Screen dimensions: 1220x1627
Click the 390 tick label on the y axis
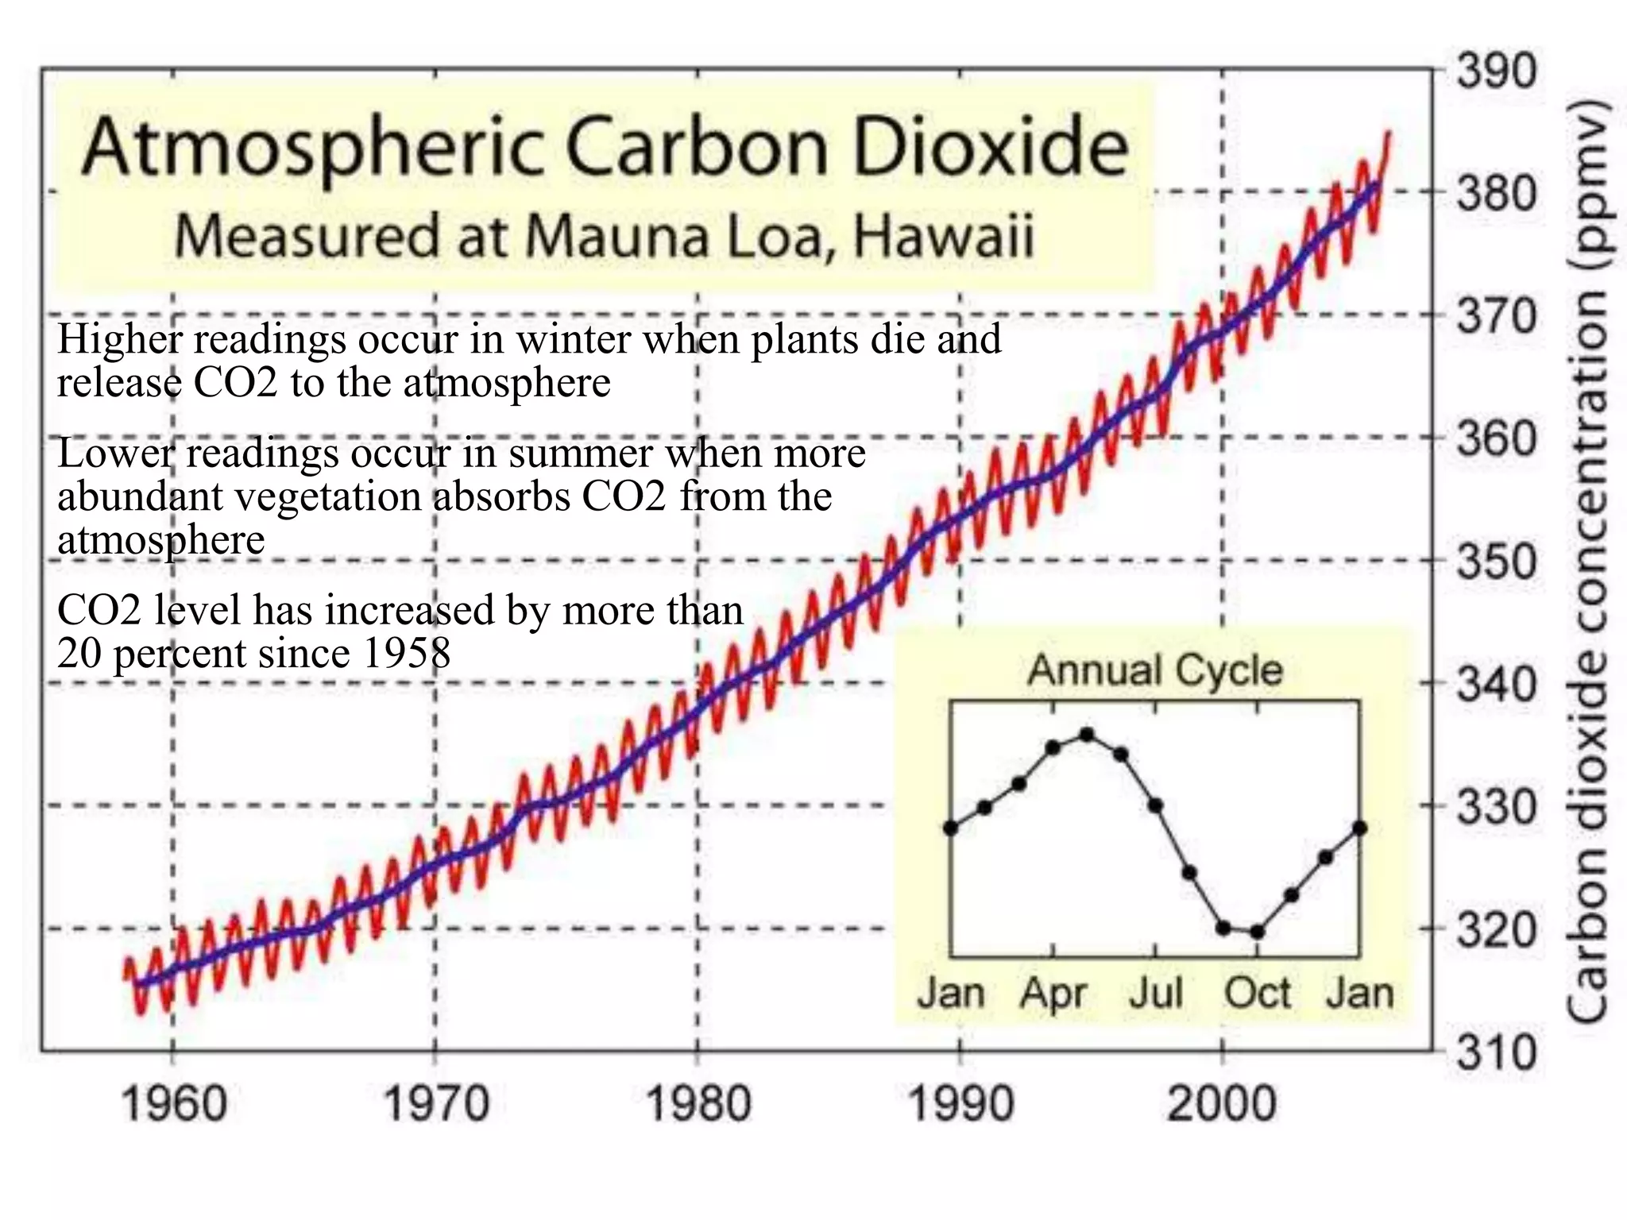(x=1496, y=72)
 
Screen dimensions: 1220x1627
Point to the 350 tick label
(x=1496, y=563)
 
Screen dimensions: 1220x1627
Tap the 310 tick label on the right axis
(x=1496, y=1054)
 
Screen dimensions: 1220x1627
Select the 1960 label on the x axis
(x=173, y=1104)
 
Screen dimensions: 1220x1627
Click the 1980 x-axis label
(x=698, y=1104)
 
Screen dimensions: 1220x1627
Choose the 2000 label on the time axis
(x=1222, y=1104)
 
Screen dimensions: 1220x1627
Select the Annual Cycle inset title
(x=1155, y=670)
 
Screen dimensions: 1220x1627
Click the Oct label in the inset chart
(x=1257, y=993)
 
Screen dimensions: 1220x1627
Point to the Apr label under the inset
(x=1053, y=993)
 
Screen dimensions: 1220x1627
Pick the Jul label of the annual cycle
(x=1156, y=993)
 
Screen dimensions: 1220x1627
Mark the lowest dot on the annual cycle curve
(x=1257, y=932)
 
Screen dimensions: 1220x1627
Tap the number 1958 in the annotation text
(x=406, y=654)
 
